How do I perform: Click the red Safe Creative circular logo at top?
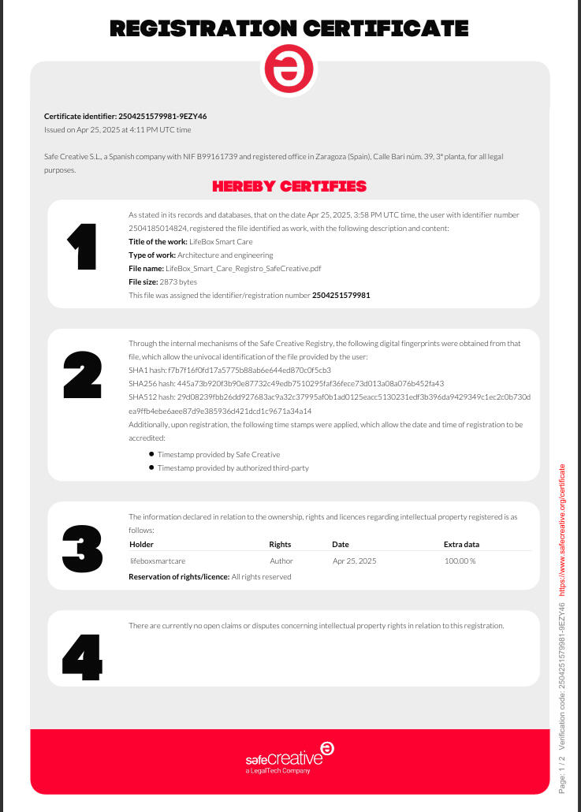[x=289, y=69]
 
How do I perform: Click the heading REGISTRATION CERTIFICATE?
[x=289, y=30]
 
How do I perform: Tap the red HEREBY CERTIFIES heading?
[x=289, y=187]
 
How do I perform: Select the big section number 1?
[x=82, y=248]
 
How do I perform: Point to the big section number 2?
[x=82, y=375]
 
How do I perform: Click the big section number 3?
[x=82, y=548]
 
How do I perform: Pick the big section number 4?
[x=82, y=656]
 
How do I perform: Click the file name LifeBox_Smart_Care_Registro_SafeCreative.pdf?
[x=249, y=268]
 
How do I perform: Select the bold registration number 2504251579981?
[x=341, y=295]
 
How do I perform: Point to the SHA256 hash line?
[x=286, y=383]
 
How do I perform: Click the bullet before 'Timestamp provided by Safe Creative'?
[x=151, y=454]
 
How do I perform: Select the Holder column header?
[x=142, y=544]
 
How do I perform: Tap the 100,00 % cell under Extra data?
[x=460, y=561]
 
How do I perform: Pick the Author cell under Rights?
[x=281, y=561]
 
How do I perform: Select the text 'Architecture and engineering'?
[x=225, y=255]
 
